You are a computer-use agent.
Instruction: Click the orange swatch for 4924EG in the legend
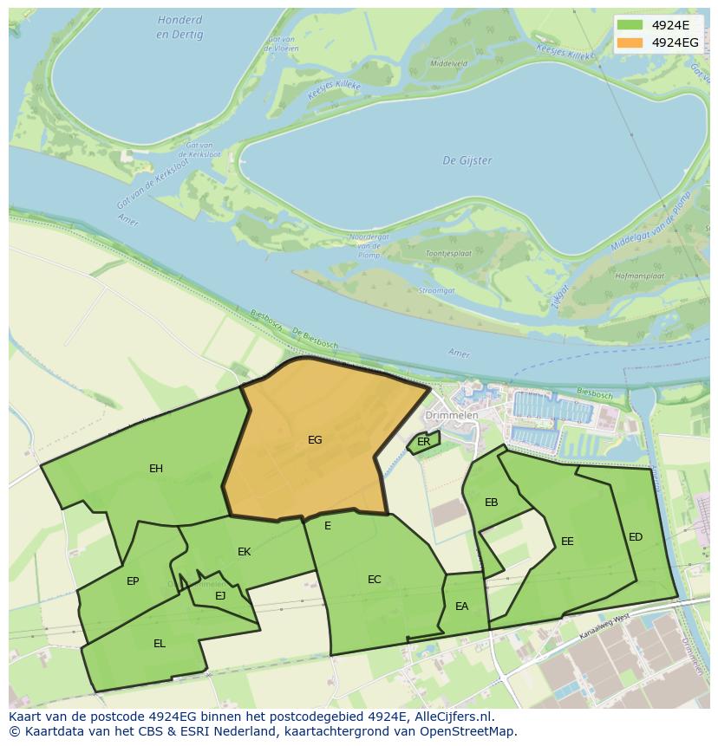click(x=630, y=42)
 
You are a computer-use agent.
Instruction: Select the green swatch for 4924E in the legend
click(x=630, y=24)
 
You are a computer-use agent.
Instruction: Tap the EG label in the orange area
click(x=315, y=440)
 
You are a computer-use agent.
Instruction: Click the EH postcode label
click(x=156, y=469)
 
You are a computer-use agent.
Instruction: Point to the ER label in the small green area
click(x=423, y=442)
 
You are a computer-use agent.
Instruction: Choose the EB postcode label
click(x=491, y=503)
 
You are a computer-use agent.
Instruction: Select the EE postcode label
click(x=567, y=542)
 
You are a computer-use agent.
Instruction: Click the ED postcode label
click(x=636, y=537)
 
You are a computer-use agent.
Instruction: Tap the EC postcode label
click(x=375, y=580)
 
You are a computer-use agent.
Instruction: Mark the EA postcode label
click(x=461, y=607)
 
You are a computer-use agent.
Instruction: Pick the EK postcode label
click(x=245, y=552)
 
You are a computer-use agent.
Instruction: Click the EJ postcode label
click(x=220, y=595)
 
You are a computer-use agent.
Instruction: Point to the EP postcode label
click(x=133, y=581)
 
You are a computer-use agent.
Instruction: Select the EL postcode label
click(x=160, y=644)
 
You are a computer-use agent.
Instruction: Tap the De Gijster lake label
click(x=467, y=160)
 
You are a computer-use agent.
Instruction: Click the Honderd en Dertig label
click(x=180, y=28)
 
